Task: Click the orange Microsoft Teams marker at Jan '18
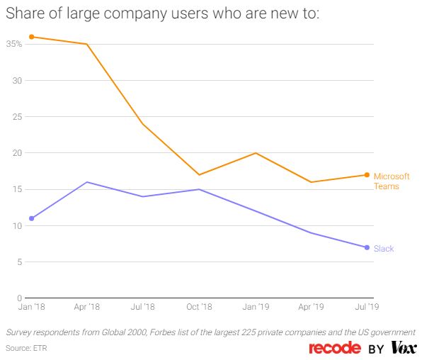tap(32, 37)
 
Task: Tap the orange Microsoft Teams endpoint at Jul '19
tap(367, 175)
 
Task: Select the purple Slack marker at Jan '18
tap(32, 218)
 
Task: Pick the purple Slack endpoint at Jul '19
tap(367, 247)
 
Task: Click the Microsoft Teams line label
tap(392, 181)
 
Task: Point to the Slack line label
tap(384, 249)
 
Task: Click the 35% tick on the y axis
tap(13, 44)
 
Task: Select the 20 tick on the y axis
tap(18, 153)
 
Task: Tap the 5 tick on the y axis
tap(20, 262)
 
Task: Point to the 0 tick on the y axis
tap(20, 298)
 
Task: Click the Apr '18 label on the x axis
tap(87, 308)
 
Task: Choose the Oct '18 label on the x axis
tap(199, 308)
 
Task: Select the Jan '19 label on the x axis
tap(255, 308)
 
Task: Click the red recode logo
tap(335, 348)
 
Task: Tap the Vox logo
tap(404, 348)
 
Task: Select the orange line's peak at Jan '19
tap(255, 153)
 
